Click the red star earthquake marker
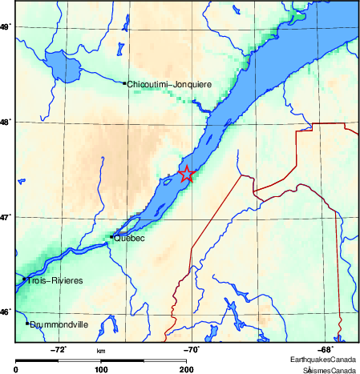tap(186, 174)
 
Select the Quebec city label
tap(129, 238)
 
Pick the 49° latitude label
tap(6, 27)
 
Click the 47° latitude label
tap(6, 217)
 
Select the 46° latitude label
tap(6, 312)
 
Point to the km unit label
tap(101, 351)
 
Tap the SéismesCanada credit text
tap(329, 370)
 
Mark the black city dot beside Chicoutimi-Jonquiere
tap(124, 82)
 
